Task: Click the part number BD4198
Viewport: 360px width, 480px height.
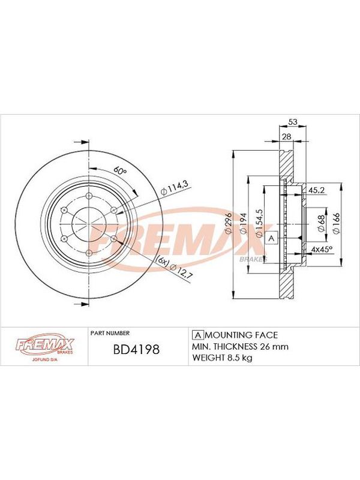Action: point(136,349)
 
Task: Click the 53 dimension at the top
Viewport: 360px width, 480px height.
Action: point(293,122)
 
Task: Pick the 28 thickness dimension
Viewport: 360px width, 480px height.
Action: point(287,136)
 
